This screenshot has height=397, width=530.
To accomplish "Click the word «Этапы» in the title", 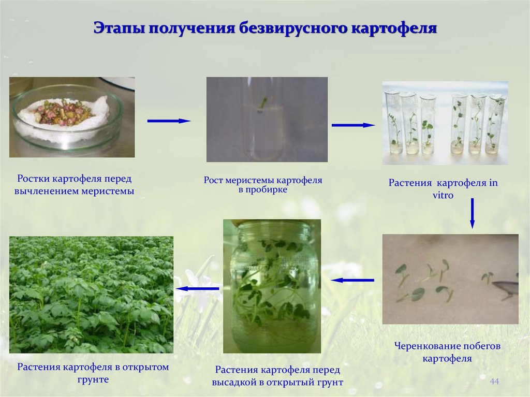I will click(x=118, y=27).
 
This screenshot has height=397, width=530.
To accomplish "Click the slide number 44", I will click(x=494, y=381).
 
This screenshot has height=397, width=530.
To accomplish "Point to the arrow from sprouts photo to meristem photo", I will click(x=169, y=121).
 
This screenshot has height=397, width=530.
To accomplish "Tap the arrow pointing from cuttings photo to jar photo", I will click(x=352, y=280).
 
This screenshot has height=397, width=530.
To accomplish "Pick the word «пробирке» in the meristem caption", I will click(x=269, y=190).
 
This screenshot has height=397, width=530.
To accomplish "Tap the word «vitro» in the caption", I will click(x=443, y=195).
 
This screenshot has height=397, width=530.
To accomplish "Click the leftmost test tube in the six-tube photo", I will click(x=393, y=123).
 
